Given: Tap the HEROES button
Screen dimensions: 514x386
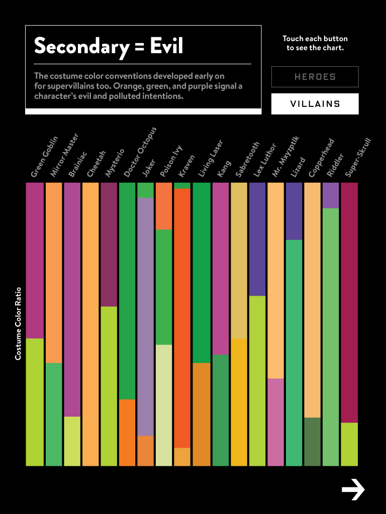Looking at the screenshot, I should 315,77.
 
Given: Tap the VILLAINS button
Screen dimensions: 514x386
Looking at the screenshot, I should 315,104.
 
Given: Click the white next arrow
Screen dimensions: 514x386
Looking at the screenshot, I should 353,489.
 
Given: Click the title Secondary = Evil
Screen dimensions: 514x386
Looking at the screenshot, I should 109,47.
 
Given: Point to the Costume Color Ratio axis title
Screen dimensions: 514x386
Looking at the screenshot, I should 18,323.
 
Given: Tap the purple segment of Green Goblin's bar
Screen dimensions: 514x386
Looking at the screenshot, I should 35,260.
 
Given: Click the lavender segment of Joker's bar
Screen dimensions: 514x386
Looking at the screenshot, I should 145,316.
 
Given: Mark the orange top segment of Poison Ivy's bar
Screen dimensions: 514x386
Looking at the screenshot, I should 164,206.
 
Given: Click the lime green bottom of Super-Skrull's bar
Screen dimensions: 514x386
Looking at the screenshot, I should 349,444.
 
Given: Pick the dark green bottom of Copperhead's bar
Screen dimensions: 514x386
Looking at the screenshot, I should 312,441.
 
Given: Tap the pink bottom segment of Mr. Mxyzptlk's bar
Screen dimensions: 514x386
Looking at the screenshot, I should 275,422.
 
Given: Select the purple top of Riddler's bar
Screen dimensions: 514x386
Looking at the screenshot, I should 331,195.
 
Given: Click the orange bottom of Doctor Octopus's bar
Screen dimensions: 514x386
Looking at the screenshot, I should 127,432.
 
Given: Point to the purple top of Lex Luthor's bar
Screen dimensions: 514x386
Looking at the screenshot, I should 257,239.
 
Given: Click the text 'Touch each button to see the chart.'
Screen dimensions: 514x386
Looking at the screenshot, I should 315,43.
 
